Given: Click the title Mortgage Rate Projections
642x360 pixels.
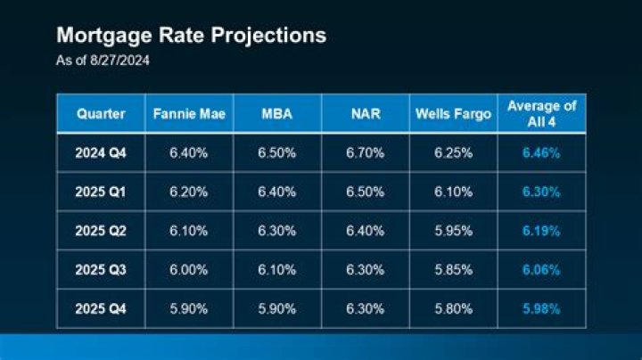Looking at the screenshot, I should pos(191,36).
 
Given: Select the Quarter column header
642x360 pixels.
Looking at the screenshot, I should pos(100,114).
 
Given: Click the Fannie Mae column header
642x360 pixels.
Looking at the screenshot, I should pos(188,114).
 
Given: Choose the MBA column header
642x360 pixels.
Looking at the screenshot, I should pos(276,114).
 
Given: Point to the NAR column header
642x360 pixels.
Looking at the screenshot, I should pos(365,114).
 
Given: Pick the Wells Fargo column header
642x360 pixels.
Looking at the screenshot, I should pos(452,114).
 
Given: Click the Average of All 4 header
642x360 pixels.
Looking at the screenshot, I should pos(541,113).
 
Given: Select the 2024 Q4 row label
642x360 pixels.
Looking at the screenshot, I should pos(100,153).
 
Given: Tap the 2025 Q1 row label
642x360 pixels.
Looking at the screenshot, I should pos(100,192).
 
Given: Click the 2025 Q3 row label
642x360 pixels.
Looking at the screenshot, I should pos(100,269).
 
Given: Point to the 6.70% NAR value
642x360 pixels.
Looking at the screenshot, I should pos(365,153).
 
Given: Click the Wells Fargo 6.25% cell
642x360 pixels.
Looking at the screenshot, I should pos(452,153).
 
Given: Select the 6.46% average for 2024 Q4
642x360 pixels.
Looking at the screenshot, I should pos(541,153).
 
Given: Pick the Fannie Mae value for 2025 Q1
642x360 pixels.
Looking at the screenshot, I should pos(188,192).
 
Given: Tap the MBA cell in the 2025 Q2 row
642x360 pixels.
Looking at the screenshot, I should pos(276,231).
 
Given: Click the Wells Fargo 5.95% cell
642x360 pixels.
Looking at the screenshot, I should pos(452,231).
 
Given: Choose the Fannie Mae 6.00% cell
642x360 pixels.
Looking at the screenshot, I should pos(188,269).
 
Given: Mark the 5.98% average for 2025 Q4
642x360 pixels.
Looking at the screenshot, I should pos(541,308).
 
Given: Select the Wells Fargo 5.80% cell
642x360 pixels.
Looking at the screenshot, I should pos(452,308).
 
